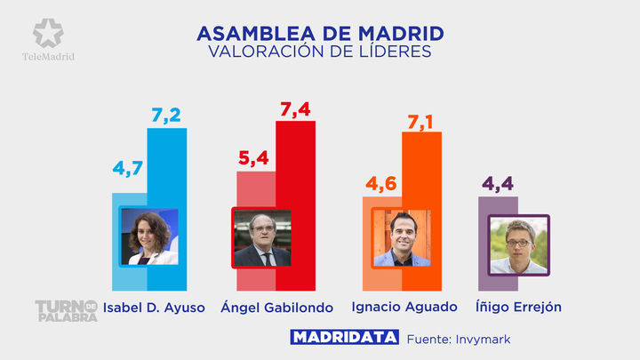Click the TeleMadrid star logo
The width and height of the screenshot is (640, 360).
[48, 33]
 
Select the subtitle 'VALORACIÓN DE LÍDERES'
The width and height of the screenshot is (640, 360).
[320, 52]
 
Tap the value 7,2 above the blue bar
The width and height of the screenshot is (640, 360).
[167, 116]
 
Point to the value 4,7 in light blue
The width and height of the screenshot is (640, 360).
[128, 167]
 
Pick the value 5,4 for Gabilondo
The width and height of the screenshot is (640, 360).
[254, 158]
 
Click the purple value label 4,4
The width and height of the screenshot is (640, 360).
[498, 185]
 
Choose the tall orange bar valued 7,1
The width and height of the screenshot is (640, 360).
[422, 169]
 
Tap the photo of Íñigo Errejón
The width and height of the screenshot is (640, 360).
[518, 244]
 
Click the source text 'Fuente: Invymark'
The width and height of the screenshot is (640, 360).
[459, 339]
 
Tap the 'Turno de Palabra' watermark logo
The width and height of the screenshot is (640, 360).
[66, 311]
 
